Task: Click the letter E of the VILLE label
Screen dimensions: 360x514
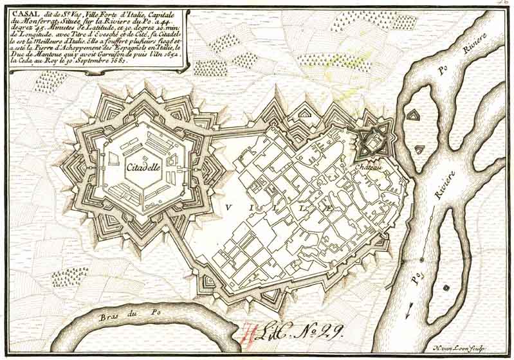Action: coord(329,208)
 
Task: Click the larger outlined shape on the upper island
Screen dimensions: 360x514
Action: coord(412,116)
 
